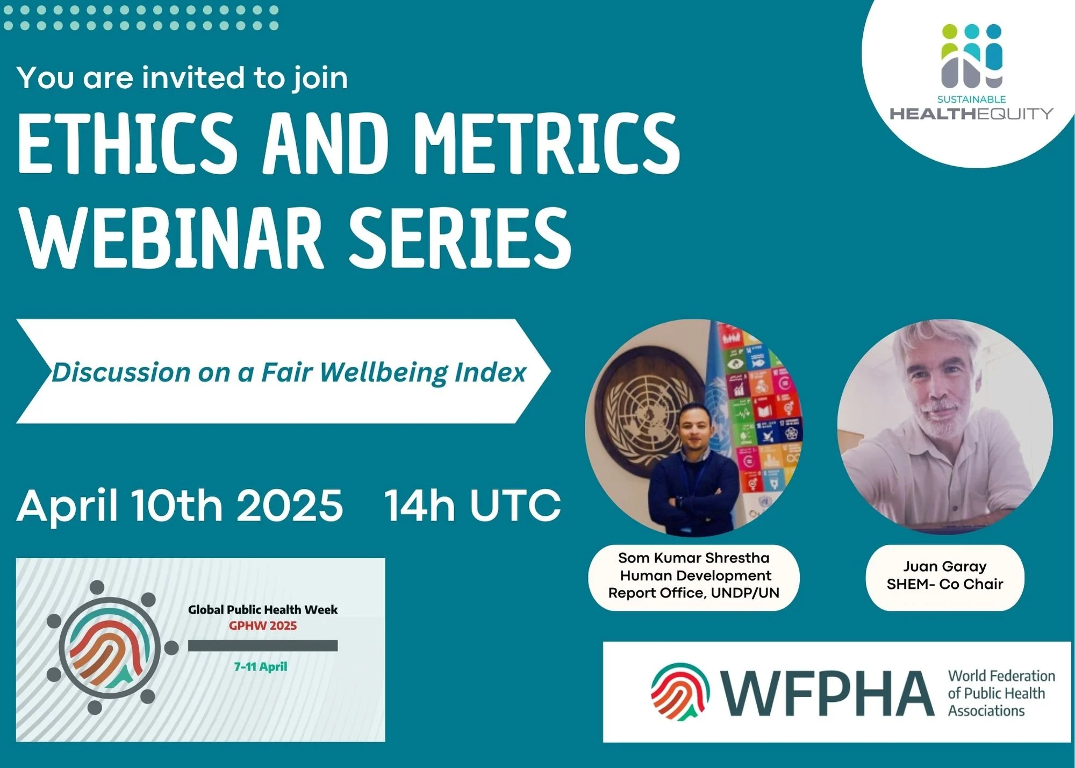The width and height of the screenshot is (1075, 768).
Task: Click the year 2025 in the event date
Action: pyautogui.click(x=289, y=506)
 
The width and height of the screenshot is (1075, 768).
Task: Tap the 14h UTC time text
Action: pyautogui.click(x=472, y=506)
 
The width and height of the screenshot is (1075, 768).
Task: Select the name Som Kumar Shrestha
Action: pyautogui.click(x=693, y=558)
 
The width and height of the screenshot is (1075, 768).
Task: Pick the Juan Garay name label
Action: pyautogui.click(x=944, y=567)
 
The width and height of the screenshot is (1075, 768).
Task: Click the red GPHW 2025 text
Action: pyautogui.click(x=263, y=625)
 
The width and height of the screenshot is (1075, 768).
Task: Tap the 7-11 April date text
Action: pyautogui.click(x=261, y=667)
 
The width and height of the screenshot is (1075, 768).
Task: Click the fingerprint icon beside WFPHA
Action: pyautogui.click(x=680, y=692)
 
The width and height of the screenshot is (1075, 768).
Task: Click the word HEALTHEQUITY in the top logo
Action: pyautogui.click(x=971, y=113)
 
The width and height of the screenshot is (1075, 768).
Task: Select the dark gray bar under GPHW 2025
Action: pyautogui.click(x=263, y=645)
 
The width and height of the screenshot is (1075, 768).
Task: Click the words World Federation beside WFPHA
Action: pyautogui.click(x=1001, y=676)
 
